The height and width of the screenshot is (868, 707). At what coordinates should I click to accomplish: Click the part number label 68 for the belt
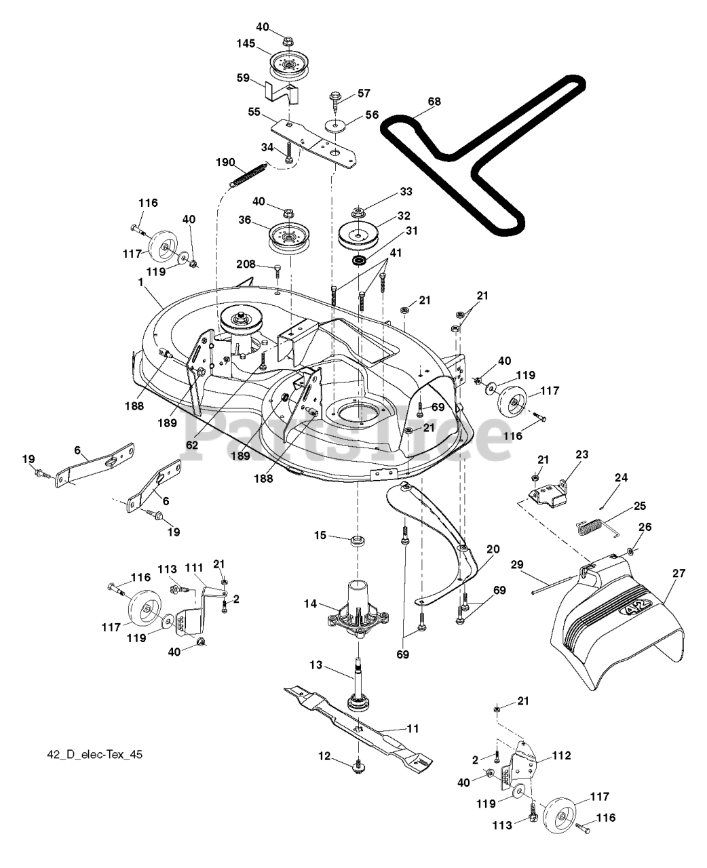(434, 102)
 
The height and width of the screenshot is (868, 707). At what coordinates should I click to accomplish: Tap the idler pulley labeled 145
(288, 66)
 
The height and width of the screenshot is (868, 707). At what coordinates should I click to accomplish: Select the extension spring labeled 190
(248, 174)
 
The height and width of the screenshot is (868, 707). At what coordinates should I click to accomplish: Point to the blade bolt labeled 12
(358, 767)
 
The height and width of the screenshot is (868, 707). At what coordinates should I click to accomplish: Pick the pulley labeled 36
(288, 238)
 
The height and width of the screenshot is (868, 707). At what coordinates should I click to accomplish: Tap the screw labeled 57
(336, 102)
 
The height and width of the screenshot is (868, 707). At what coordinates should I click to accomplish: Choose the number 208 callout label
(246, 264)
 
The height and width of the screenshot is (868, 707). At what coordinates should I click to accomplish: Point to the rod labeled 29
(556, 585)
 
